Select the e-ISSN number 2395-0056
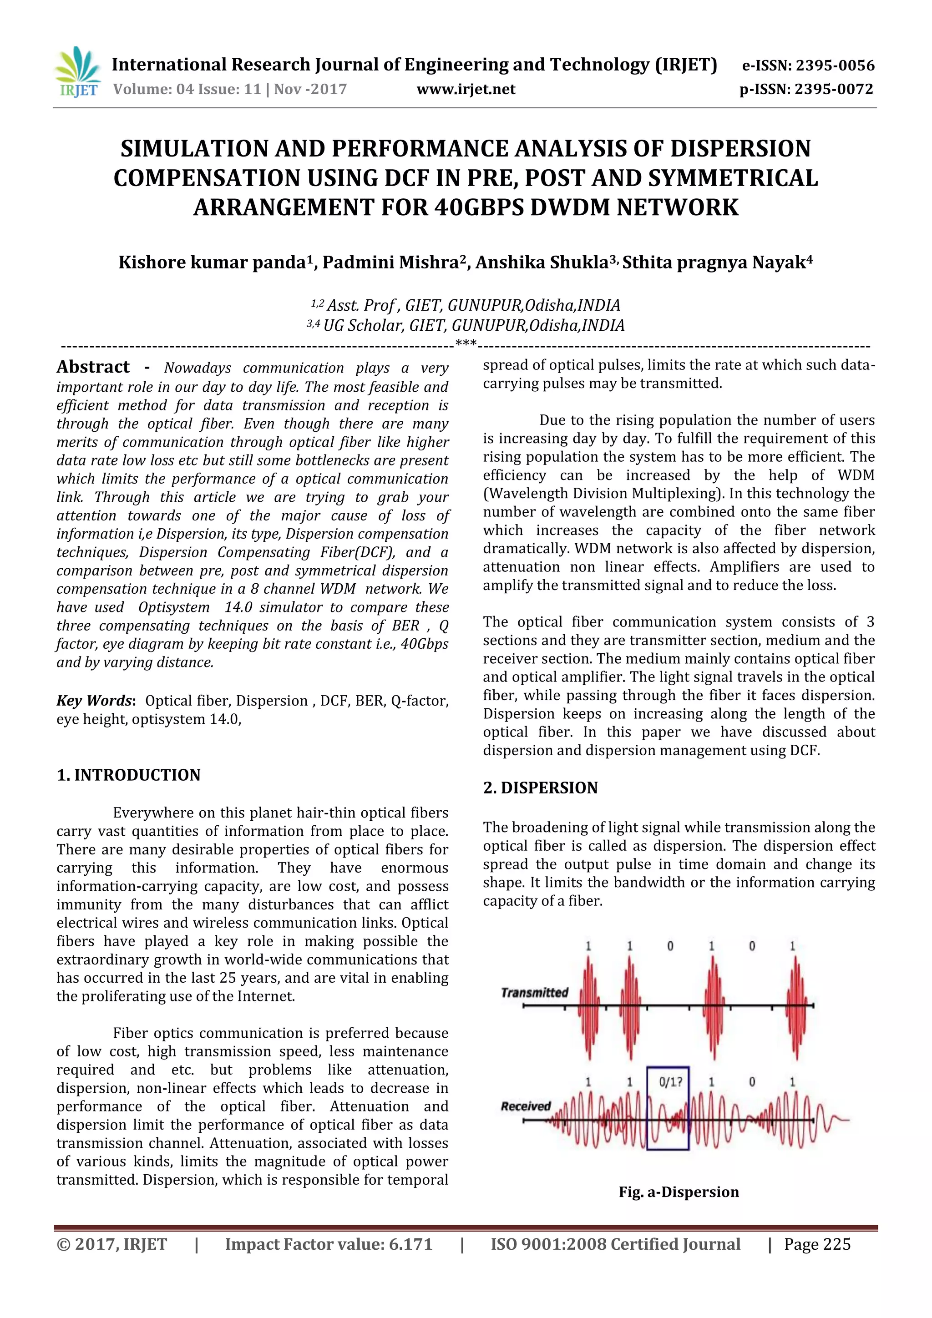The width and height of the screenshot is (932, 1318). pos(833,66)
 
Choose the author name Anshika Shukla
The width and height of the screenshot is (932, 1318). pos(542,263)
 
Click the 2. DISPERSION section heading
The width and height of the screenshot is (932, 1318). pos(540,788)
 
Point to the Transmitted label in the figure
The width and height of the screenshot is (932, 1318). pos(535,993)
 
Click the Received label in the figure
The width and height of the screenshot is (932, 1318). pos(526,1106)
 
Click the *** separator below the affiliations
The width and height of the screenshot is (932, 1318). pos(465,344)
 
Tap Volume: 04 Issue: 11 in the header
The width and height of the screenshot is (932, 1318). pos(187,89)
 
